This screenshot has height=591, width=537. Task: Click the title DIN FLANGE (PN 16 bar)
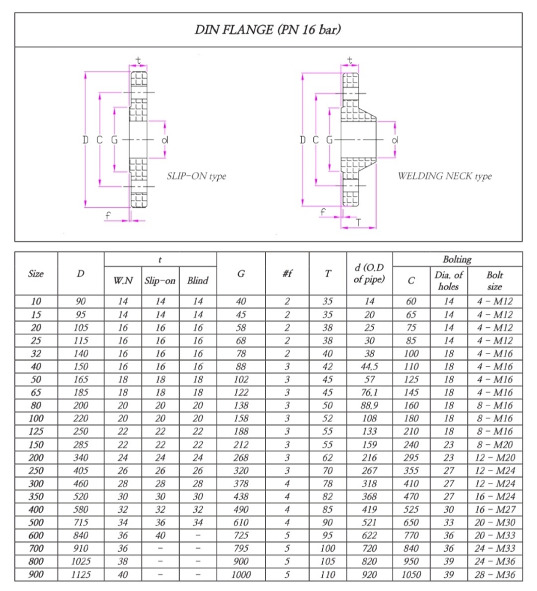point(268,29)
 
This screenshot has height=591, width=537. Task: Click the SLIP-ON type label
point(196,176)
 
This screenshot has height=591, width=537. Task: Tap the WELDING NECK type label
point(445,176)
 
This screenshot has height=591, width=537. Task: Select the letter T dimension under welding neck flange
point(358,223)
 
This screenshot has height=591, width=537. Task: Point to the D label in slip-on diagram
point(85,139)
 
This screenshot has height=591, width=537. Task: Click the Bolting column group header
point(457,259)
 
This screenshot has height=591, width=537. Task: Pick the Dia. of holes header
point(449,280)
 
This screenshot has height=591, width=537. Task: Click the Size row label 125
point(36,432)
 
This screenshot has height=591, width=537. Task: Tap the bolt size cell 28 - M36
point(495,574)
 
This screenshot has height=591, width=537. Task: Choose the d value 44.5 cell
point(369,367)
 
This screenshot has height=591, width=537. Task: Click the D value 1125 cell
point(81,574)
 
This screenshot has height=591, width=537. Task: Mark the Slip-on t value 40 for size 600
point(160,535)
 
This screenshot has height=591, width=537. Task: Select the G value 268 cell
point(240,457)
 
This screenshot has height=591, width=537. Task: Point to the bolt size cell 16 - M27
point(495,509)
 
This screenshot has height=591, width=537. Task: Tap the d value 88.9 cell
point(369,405)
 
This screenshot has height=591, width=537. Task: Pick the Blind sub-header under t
point(197,280)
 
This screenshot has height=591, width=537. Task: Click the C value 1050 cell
point(411,574)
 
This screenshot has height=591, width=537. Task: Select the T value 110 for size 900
point(328,574)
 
